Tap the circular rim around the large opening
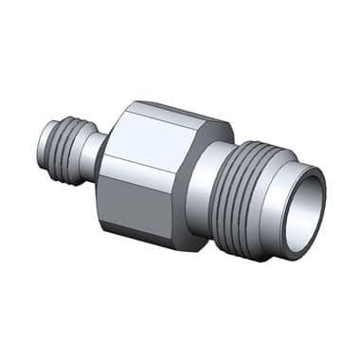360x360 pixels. coord(319,189)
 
